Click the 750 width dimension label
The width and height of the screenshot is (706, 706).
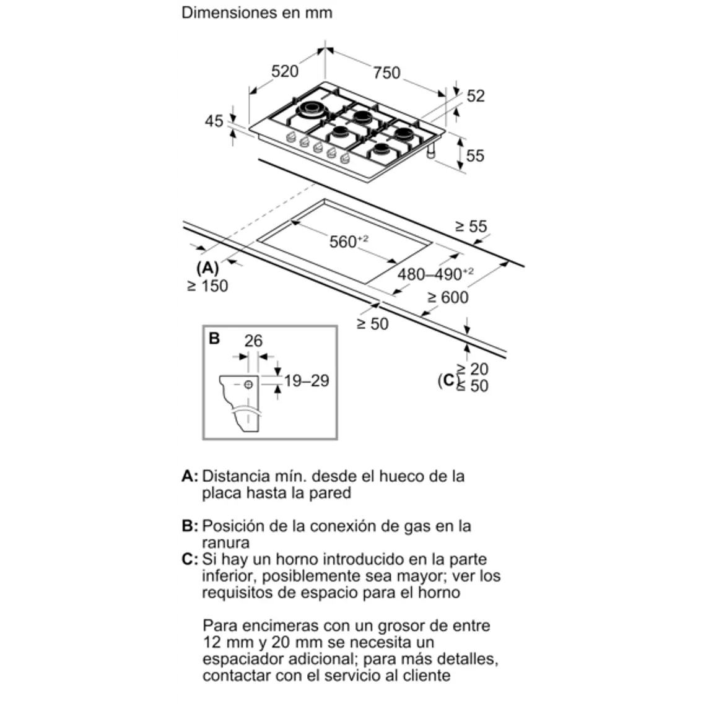(x=386, y=73)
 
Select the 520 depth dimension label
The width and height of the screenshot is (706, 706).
(x=285, y=71)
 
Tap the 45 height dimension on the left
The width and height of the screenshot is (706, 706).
(x=214, y=121)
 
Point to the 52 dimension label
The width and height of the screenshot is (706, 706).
(x=476, y=96)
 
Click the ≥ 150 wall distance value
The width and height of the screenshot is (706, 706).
(x=207, y=285)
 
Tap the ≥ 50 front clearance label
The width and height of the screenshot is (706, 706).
(x=373, y=323)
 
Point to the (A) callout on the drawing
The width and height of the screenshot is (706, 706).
(x=207, y=268)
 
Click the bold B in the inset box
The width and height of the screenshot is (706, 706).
(x=214, y=339)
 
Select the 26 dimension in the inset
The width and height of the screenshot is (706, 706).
(x=253, y=341)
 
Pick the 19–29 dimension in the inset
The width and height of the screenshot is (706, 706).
(x=307, y=381)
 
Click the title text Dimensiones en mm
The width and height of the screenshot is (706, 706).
(x=256, y=12)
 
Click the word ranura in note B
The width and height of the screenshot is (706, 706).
(x=225, y=543)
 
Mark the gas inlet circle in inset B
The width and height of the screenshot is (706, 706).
(x=249, y=384)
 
